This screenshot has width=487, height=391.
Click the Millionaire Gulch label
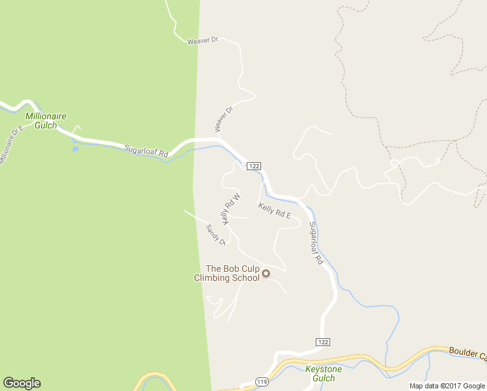click(x=46, y=121)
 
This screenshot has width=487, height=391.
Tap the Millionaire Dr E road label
click(x=11, y=144)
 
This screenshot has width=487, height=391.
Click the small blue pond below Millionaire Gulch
click(x=76, y=149)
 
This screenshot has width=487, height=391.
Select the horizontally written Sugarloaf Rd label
click(x=146, y=151)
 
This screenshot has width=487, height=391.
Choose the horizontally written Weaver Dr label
click(x=202, y=41)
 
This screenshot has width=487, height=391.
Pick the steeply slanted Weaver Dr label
click(x=223, y=119)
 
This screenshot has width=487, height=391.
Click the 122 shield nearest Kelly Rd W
click(x=255, y=167)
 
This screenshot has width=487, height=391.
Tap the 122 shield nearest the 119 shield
click(x=323, y=342)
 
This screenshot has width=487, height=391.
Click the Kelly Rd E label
click(x=274, y=210)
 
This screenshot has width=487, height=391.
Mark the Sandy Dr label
click(x=216, y=235)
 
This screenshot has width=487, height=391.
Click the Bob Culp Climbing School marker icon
click(x=266, y=274)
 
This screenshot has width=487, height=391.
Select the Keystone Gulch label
click(x=320, y=373)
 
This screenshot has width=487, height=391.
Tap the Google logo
click(x=21, y=383)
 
